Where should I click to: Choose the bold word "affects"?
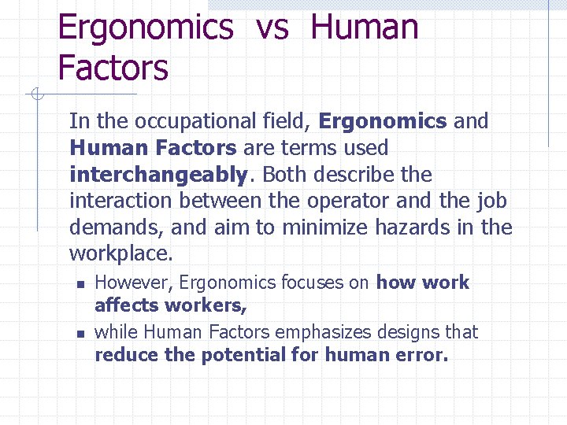click(126, 305)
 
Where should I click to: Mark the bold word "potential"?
click(243, 355)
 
